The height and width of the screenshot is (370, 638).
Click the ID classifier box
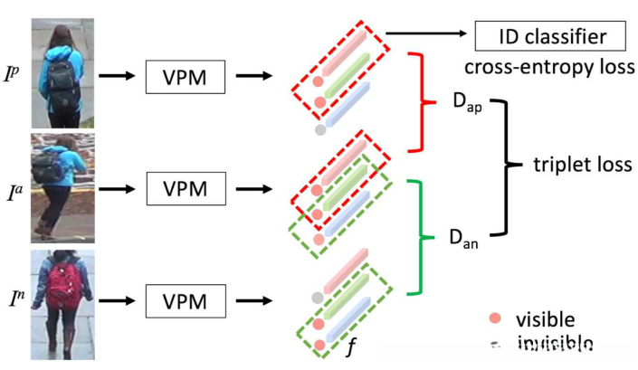(x=550, y=37)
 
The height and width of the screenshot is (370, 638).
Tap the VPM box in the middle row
(x=186, y=189)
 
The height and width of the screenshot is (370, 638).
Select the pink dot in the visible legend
(x=494, y=319)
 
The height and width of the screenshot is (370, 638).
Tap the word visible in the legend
(x=545, y=319)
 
